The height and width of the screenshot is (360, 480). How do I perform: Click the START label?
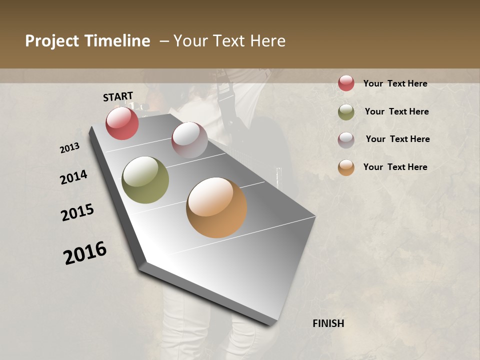tap(118, 96)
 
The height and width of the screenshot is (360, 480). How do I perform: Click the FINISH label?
tap(328, 323)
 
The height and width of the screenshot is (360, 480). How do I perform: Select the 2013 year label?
tap(70, 148)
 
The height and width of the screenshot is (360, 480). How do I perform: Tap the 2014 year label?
tap(74, 177)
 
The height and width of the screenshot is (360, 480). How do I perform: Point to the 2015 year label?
tap(77, 212)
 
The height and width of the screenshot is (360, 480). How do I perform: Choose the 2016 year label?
tap(85, 253)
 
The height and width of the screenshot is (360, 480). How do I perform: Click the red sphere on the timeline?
tap(122, 123)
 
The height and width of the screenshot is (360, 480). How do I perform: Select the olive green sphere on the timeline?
tap(145, 180)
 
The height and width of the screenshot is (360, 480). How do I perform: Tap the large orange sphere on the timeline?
tap(216, 207)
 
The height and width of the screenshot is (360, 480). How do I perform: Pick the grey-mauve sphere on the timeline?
tap(189, 140)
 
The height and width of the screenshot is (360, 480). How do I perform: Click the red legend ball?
tap(346, 83)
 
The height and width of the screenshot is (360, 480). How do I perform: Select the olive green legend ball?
tap(346, 112)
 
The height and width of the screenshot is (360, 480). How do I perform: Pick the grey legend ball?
tap(346, 140)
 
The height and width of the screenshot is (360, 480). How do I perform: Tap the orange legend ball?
tap(346, 167)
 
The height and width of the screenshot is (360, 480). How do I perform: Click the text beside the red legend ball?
tap(395, 84)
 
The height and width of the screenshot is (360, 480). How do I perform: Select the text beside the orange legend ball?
tap(395, 167)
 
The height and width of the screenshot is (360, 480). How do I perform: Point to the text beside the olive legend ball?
tap(396, 111)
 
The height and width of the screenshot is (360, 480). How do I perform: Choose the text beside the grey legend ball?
tap(397, 139)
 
